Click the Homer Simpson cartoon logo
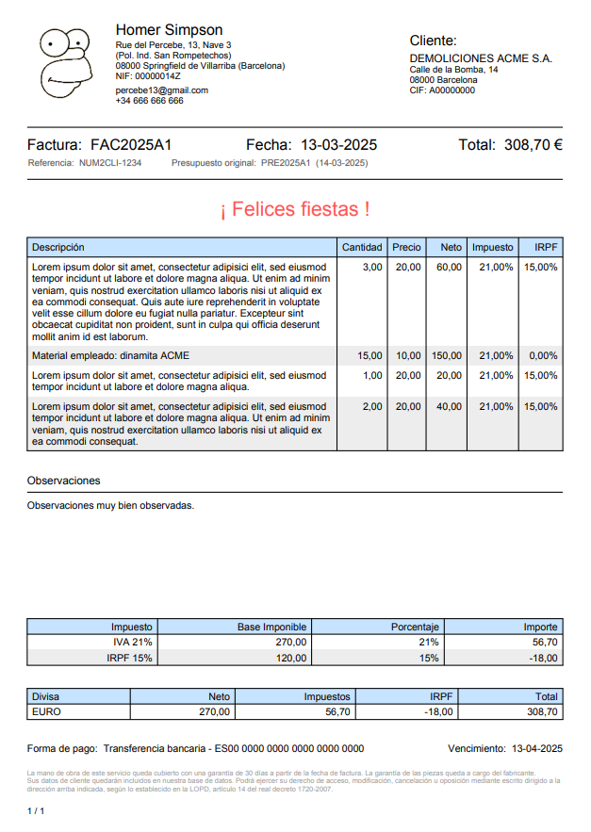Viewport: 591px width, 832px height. pos(65,63)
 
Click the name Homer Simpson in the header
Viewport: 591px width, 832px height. pos(169,30)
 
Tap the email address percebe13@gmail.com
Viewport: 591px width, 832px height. pos(161,90)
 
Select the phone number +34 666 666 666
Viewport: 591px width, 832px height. pos(149,101)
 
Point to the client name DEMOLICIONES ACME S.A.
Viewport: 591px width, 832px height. pos(481,58)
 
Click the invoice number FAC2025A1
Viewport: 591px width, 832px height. pos(131,145)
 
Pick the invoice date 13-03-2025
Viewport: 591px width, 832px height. pos(338,145)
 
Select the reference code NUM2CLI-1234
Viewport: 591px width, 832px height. pos(110,163)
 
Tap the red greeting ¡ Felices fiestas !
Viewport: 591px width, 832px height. pos(295,208)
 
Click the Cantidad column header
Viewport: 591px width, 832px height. pos(362,247)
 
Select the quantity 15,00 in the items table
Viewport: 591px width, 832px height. pos(369,356)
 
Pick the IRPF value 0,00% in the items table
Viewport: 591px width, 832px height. pos(543,356)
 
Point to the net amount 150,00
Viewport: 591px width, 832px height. pos(447,356)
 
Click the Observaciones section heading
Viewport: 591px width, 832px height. pos(63,481)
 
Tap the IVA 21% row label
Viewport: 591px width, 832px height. pos(132,642)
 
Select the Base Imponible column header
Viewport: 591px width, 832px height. pos(271,627)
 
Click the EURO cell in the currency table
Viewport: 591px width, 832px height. pos(46,712)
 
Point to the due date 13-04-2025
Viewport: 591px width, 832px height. pos(536,749)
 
